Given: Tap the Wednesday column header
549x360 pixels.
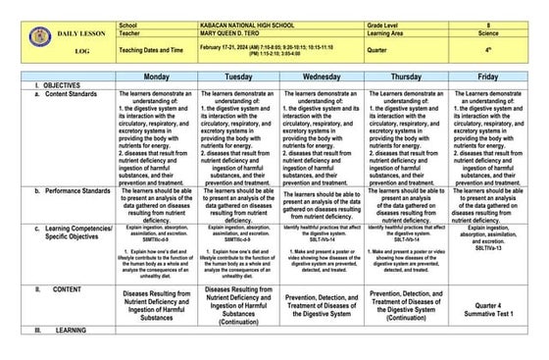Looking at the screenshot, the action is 322,76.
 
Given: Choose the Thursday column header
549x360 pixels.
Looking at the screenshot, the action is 407,76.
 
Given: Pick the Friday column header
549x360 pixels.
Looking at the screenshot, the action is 490,76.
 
